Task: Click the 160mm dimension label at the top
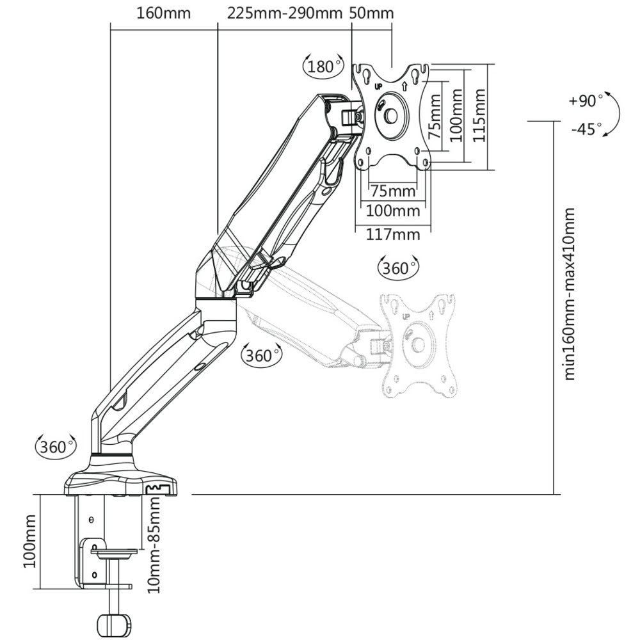pos(163,13)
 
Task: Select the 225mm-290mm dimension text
pos(285,13)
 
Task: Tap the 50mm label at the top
pos(372,13)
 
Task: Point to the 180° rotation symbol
pos(323,66)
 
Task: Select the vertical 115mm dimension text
pos(479,115)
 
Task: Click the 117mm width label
pos(393,235)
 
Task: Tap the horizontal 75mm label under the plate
pos(393,191)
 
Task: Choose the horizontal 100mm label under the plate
pos(393,211)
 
